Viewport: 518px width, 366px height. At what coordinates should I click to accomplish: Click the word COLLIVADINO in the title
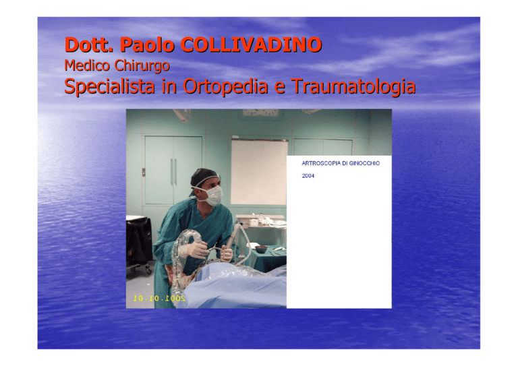[x=251, y=44]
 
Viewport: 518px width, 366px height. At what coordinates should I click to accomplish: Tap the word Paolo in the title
[x=147, y=44]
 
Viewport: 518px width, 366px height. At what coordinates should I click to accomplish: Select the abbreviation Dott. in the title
[x=89, y=44]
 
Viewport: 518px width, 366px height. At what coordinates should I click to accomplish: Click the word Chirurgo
[x=142, y=65]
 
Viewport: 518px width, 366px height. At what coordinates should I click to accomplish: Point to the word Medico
[x=87, y=65]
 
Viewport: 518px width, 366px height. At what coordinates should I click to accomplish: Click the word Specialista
[x=109, y=87]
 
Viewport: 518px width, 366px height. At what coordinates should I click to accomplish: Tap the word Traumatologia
[x=353, y=87]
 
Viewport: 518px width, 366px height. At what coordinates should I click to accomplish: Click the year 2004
[x=308, y=176]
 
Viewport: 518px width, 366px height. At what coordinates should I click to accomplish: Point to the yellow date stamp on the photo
[x=159, y=299]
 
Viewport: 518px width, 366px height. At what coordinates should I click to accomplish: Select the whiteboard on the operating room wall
[x=259, y=173]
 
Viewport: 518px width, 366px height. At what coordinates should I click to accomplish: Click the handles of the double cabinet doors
[x=173, y=171]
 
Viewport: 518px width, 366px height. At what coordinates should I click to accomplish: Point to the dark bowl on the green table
[x=260, y=249]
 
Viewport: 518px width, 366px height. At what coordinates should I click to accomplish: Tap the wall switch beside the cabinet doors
[x=144, y=172]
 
